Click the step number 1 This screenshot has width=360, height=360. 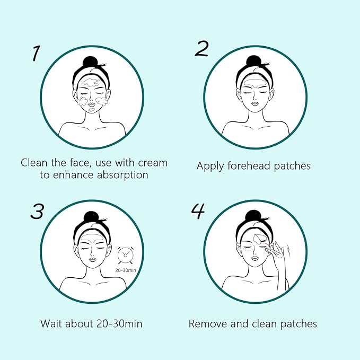click(x=36, y=53)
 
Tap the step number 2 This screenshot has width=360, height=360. click(x=201, y=48)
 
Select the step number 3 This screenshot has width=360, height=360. click(x=37, y=211)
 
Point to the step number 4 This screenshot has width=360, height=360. click(x=198, y=211)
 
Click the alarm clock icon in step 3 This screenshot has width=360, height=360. click(x=125, y=257)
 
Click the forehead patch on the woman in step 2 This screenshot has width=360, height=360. click(x=254, y=83)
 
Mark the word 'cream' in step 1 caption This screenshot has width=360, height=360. click(x=150, y=162)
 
